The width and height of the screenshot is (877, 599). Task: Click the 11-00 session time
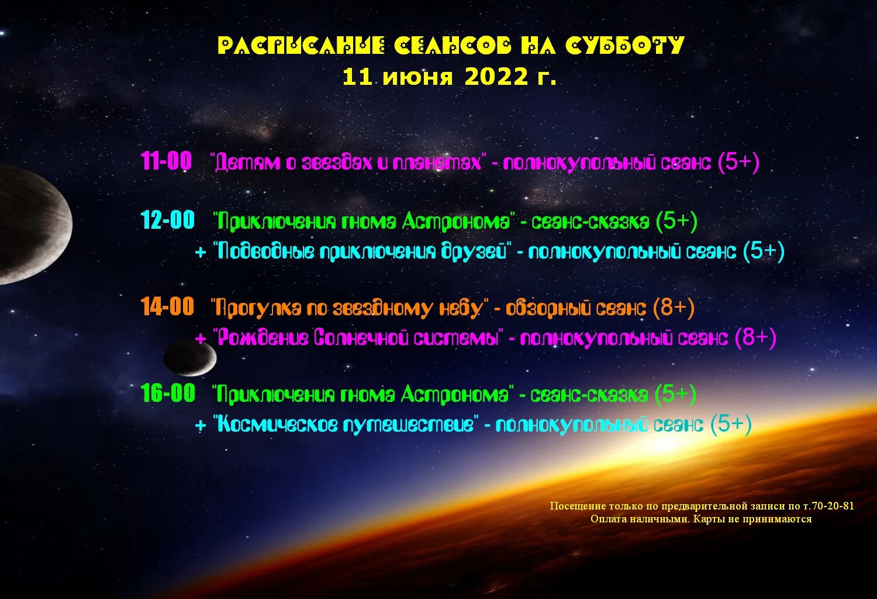[x=166, y=161]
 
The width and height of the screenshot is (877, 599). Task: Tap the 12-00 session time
[x=168, y=220]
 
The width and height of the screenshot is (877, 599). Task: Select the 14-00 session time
[x=167, y=307]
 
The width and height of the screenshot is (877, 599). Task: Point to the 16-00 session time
[x=168, y=393]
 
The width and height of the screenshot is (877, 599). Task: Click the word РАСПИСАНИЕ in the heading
[x=301, y=46]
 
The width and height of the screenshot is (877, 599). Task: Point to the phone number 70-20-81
[x=833, y=506]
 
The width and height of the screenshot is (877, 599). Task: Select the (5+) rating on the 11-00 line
[x=738, y=161]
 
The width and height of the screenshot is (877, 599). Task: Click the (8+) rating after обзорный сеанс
[x=674, y=307]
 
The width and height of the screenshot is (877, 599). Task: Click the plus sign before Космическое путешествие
[x=201, y=425]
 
